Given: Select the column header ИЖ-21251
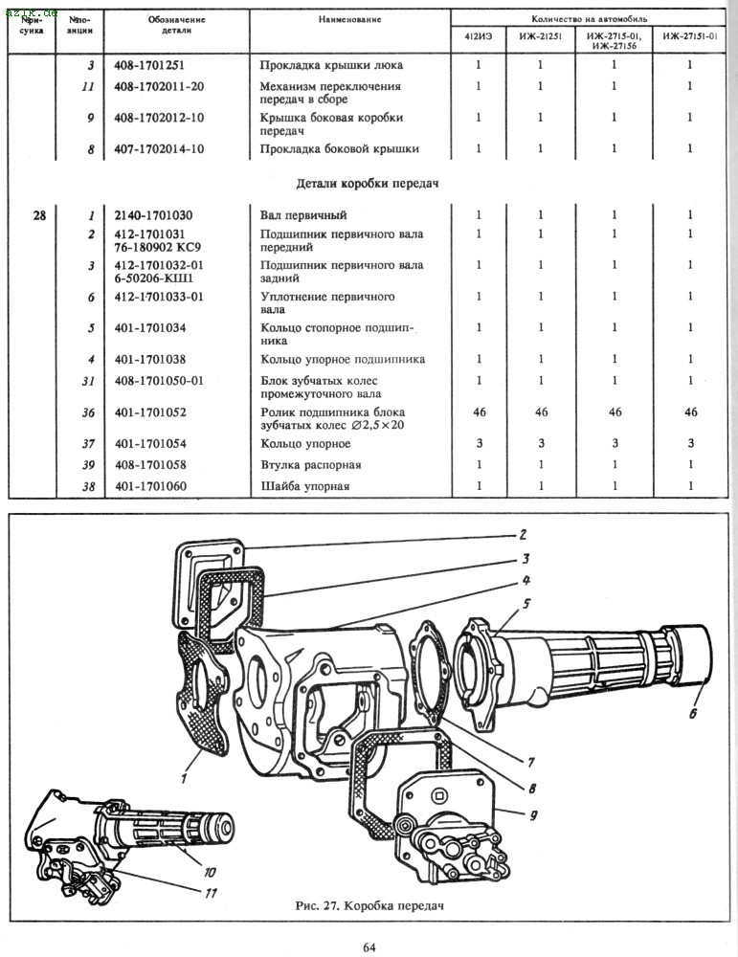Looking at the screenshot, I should click(539, 37).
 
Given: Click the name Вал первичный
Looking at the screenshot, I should click(303, 214).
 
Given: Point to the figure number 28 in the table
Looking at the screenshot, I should click(38, 214).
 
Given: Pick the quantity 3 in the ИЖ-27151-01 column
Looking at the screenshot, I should click(689, 444).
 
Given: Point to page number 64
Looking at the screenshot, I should click(369, 947).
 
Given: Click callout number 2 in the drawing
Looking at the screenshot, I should click(524, 535).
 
